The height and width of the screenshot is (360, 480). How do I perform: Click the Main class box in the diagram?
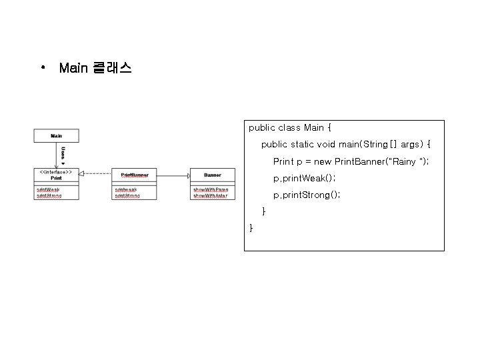(x=57, y=135)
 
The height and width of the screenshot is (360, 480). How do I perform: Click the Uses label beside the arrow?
(x=63, y=154)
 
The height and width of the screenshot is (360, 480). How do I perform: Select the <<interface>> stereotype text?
(x=56, y=171)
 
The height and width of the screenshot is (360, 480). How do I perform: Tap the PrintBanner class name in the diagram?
(x=135, y=175)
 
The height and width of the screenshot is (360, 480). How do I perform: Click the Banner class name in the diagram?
(x=212, y=175)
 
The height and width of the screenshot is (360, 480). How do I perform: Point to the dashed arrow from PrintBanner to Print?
(x=95, y=174)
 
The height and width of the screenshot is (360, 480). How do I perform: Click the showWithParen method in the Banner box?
(x=211, y=190)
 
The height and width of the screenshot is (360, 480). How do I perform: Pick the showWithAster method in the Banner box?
(x=211, y=196)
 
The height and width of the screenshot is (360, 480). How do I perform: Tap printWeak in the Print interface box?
(x=48, y=190)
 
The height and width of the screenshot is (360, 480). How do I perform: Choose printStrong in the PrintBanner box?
(x=127, y=196)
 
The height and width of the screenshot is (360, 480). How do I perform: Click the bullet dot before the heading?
(x=42, y=68)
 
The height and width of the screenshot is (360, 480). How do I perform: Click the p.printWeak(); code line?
(x=304, y=179)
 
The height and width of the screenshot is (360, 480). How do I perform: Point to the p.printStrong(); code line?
(x=307, y=195)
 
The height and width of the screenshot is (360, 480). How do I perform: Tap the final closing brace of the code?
(x=251, y=228)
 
